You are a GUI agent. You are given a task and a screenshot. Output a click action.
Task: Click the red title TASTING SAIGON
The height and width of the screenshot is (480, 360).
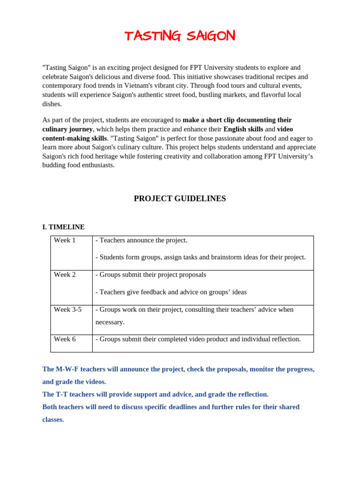pos(180,36)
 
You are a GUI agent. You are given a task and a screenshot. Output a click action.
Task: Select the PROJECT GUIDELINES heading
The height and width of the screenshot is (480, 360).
pos(180,198)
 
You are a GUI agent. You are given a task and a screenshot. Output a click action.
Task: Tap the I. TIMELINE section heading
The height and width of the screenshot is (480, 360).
pos(63,227)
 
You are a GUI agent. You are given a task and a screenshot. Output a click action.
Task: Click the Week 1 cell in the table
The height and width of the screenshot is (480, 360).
pos(65,240)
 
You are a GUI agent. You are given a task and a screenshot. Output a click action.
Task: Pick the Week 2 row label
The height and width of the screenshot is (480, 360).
pos(65,275)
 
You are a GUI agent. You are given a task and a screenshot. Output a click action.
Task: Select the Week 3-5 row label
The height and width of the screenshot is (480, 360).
pos(67,309)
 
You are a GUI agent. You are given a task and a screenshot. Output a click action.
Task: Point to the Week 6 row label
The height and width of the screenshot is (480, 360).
pos(65,339)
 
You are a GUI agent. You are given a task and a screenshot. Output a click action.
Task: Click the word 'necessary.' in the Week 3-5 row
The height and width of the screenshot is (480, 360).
pos(111,322)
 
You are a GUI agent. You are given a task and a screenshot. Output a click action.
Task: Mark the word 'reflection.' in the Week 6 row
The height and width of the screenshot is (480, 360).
pos(284,339)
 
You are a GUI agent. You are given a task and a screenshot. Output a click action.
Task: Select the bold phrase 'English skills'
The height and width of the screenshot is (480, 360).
pos(243,129)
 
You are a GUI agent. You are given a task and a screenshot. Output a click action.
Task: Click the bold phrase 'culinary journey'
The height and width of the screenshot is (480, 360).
pos(67,129)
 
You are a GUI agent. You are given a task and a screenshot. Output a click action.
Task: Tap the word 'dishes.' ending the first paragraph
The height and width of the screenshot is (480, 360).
pos(52,104)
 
